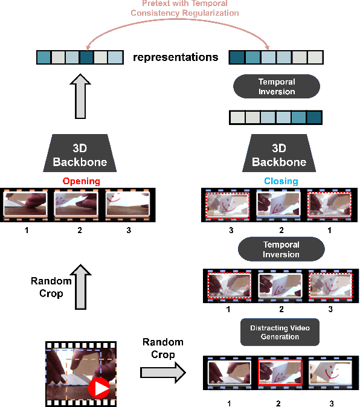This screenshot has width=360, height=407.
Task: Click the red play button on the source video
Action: (98, 388)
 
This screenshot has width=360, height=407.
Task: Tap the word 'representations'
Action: (176, 57)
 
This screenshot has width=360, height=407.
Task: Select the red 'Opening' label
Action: (81, 181)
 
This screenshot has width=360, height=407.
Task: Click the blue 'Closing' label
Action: (280, 181)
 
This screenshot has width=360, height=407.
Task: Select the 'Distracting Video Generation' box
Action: (279, 332)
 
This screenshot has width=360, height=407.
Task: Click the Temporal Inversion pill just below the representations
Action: (277, 86)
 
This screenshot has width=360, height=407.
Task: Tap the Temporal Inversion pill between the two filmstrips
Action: (281, 249)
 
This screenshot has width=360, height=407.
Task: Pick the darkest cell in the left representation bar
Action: (87, 57)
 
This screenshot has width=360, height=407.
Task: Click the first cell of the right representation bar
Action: (236, 57)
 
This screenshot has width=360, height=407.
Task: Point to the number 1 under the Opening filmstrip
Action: (27, 230)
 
